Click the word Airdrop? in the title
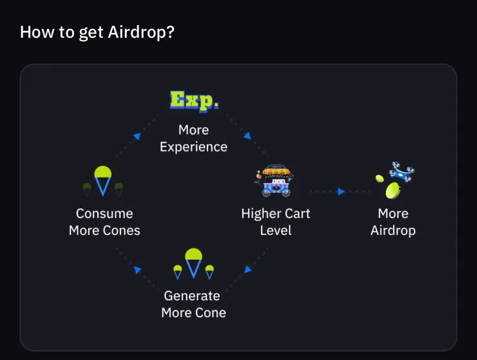coord(141,33)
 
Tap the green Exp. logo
coord(194,101)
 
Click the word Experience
coord(194,147)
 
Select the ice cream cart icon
coord(275,181)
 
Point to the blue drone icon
coord(401,172)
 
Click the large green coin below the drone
coord(393,190)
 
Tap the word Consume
coord(104,214)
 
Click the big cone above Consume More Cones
coord(103,181)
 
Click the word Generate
coord(192,295)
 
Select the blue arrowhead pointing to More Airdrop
coord(342,192)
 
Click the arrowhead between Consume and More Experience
coord(137,136)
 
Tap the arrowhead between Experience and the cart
coord(248,135)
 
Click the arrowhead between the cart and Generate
coord(248,269)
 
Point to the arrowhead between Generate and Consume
coord(137,270)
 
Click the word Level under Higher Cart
coord(276,230)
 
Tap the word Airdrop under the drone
coord(393,230)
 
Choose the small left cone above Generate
coord(178,272)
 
